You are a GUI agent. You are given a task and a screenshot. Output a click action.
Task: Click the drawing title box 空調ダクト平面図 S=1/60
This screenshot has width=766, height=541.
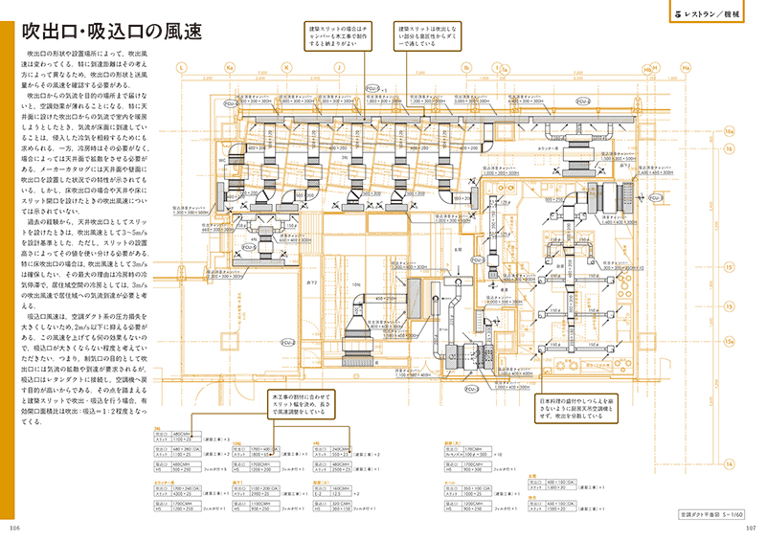coord(703,514)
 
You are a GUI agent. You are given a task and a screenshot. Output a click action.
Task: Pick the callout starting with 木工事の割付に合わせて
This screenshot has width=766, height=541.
coord(304,402)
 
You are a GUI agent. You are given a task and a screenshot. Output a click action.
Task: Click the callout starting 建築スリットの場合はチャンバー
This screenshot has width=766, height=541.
coord(337,36)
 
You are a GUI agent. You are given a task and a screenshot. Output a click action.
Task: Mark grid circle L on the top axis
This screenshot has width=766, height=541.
coord(183,69)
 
